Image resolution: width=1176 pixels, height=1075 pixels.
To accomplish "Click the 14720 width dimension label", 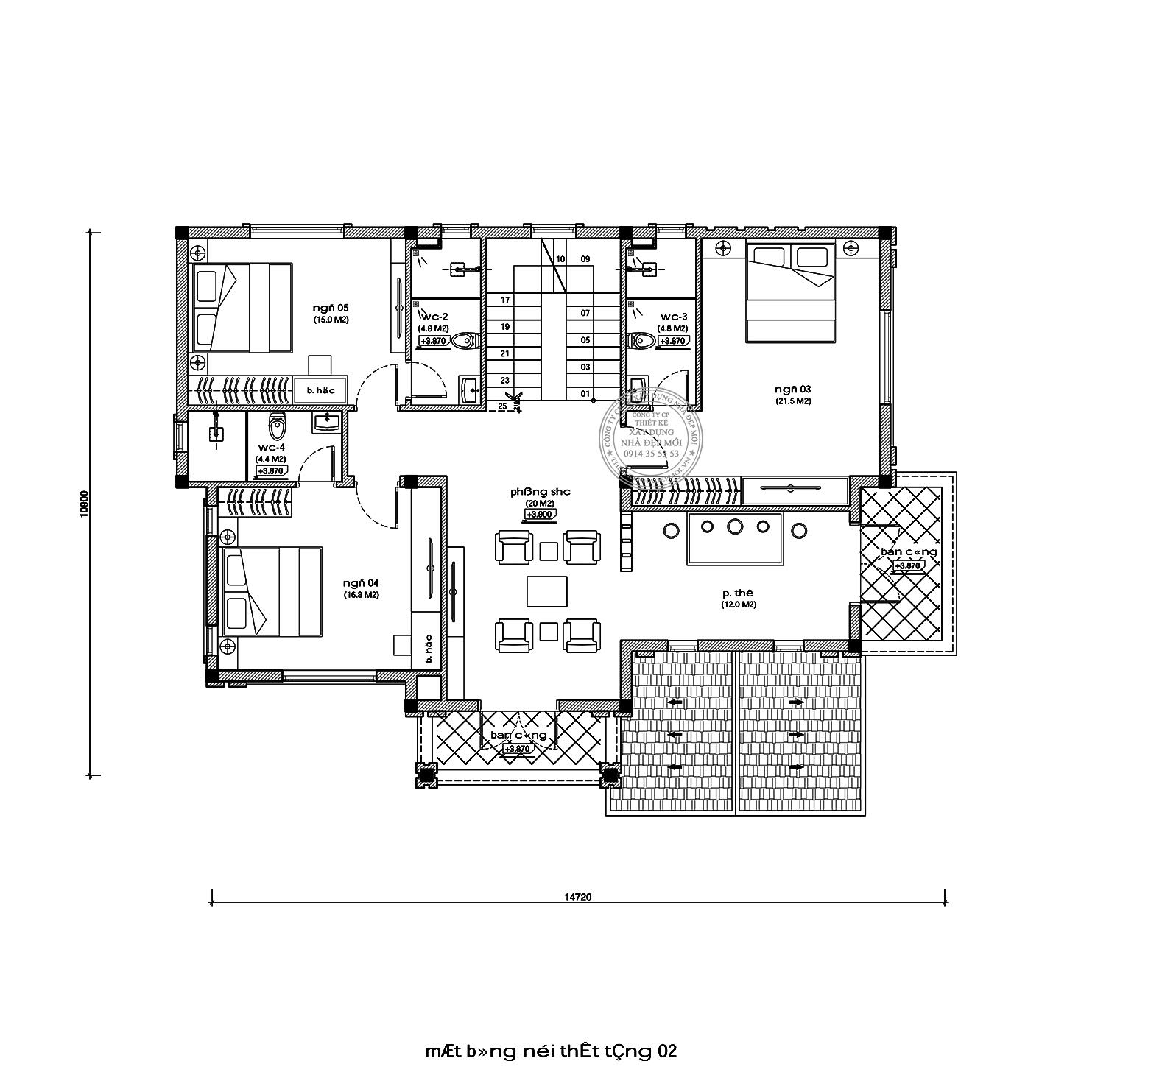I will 578,897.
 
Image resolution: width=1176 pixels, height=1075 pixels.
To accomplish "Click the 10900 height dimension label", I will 84,504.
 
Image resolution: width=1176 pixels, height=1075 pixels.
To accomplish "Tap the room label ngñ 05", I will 330,308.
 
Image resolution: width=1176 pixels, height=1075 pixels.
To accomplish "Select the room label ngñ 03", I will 792,389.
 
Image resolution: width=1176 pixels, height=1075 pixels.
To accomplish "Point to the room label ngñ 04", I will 360,583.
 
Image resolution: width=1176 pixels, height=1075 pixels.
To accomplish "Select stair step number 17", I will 505,300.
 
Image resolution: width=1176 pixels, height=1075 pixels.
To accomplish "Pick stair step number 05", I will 585,340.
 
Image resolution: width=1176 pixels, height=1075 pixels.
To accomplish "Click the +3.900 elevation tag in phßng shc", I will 536,514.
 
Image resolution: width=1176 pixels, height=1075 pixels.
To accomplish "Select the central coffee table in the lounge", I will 546,591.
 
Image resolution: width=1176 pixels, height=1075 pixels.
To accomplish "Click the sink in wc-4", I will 325,423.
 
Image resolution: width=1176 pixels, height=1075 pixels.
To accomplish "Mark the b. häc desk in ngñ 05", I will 320,390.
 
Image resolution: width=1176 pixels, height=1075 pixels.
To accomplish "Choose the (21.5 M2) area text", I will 792,401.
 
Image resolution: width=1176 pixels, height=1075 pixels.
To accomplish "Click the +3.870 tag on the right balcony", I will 907,565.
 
